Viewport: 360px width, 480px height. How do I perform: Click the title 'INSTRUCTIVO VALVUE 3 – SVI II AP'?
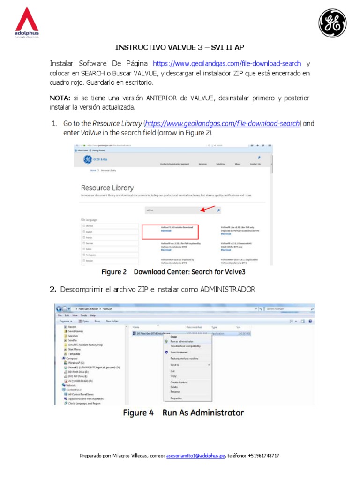point(180,48)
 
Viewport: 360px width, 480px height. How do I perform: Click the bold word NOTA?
point(60,97)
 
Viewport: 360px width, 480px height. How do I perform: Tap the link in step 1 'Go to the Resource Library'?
point(222,124)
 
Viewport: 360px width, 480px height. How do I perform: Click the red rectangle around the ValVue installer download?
point(170,232)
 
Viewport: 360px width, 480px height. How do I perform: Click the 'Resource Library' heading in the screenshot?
point(107,188)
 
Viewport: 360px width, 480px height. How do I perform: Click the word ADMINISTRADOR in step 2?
point(228,290)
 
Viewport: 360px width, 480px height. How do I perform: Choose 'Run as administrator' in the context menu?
point(182,342)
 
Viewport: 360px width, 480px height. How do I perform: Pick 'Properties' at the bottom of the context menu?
point(176,398)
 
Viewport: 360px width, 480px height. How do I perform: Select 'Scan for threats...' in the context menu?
point(180,352)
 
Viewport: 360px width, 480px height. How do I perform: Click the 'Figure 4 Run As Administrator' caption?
point(183,413)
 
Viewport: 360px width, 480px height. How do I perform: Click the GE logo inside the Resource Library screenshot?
point(88,160)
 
